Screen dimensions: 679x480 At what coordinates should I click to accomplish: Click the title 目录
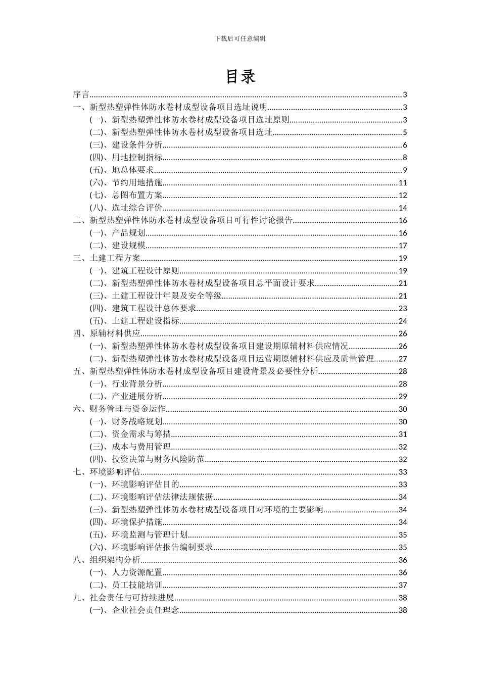pyautogui.click(x=240, y=76)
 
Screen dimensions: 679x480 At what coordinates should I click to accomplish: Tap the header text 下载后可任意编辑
pyautogui.click(x=240, y=38)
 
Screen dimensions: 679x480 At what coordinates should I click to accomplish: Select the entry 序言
pyautogui.click(x=81, y=94)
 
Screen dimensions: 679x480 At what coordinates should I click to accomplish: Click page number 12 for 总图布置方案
pyautogui.click(x=403, y=196)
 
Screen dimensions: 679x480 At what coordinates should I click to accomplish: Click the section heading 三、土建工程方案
pyautogui.click(x=107, y=258)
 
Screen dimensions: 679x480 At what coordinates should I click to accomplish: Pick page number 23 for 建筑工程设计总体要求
pyautogui.click(x=403, y=309)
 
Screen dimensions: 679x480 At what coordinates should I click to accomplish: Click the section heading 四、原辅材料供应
pyautogui.click(x=107, y=333)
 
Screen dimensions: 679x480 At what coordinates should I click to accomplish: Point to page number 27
pyautogui.click(x=403, y=359)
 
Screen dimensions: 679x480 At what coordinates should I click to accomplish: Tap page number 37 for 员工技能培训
pyautogui.click(x=403, y=585)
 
